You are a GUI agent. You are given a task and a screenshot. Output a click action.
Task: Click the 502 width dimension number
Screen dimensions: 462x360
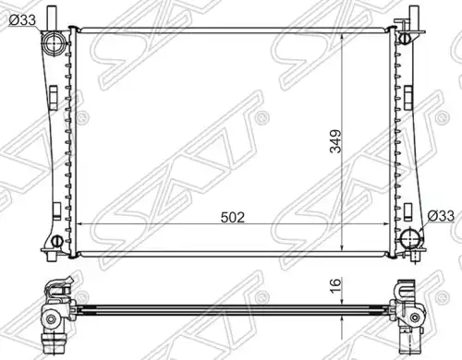point(233,218)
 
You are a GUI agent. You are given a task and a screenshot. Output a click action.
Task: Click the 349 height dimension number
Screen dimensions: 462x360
point(335,141)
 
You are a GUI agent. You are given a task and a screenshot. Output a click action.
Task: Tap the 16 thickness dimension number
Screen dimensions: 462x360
point(335,285)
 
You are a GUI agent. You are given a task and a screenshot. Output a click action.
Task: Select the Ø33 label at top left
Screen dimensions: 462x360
point(22,20)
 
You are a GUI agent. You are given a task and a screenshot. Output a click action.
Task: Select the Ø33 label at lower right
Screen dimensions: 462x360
point(441,216)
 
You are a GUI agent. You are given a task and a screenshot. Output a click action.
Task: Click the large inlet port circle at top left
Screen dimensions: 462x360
point(54,43)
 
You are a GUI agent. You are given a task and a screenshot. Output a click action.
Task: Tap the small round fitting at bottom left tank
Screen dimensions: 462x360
point(56,240)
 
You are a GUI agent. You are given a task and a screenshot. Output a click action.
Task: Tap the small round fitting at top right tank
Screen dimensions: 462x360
point(404,38)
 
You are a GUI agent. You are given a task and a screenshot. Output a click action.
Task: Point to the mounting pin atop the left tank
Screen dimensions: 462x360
point(51,16)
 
